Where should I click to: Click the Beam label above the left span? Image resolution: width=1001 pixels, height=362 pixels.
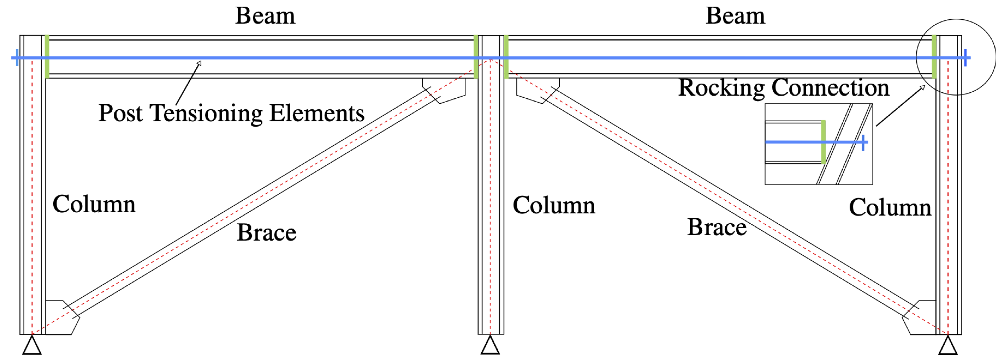pos(265,16)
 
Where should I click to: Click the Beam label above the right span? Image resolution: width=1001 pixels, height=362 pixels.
pos(735,16)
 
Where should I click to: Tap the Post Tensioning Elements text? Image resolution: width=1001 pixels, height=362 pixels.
pos(231,113)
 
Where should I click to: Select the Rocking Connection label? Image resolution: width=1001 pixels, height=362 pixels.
pos(783,88)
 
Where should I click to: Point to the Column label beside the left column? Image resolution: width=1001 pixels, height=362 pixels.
pos(94,204)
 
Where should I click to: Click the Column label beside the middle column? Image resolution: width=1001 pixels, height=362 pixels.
pos(554,205)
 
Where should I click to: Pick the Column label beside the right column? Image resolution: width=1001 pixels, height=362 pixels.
pos(890,207)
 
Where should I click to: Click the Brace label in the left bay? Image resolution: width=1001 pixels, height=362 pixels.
pos(266,233)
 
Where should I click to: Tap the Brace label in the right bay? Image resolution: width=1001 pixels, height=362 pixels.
pos(717,227)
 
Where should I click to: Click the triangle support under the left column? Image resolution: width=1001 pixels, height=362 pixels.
pos(32,346)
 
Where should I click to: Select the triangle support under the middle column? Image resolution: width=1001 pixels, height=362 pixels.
pos(490,346)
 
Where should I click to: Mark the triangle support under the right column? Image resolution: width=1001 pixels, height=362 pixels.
pos(948,346)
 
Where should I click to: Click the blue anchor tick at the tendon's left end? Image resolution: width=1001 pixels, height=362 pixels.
pos(17,57)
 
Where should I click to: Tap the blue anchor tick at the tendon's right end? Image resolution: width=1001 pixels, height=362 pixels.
pos(965,57)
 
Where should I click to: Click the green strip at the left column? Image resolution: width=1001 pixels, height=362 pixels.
pos(47,57)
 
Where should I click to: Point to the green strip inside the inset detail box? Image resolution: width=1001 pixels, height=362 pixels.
pos(823,142)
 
